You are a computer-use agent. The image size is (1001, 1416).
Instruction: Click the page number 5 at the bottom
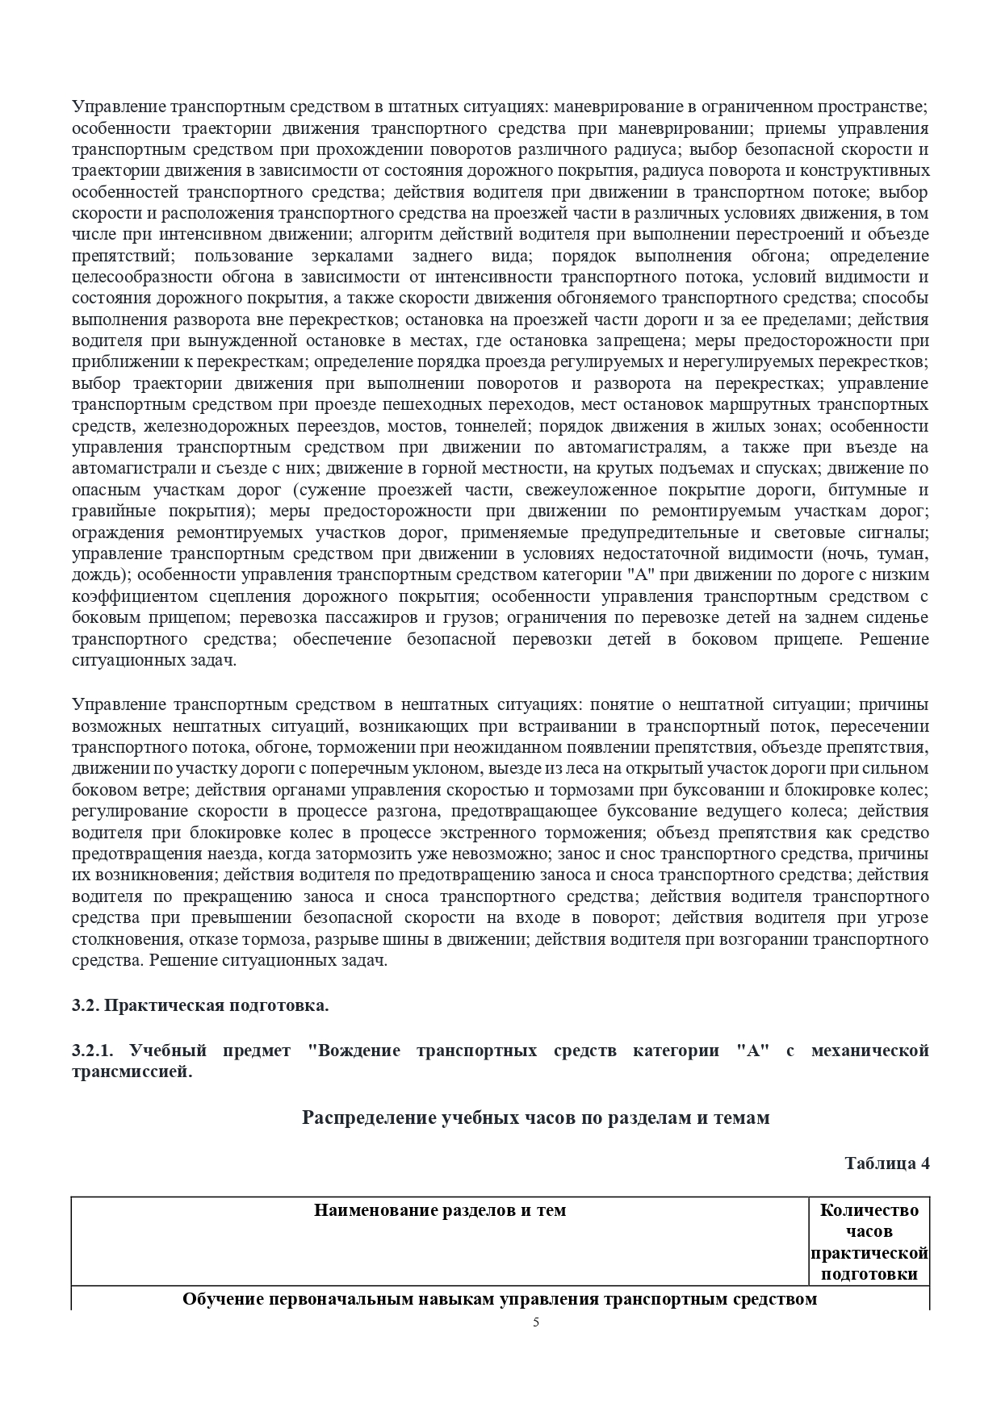tap(536, 1322)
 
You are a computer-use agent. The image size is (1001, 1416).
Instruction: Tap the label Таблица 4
tap(887, 1163)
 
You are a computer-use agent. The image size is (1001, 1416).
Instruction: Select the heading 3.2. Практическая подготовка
tap(200, 1005)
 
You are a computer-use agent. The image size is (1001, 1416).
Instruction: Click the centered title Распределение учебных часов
tap(536, 1117)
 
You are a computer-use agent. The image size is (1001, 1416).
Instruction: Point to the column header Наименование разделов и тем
tap(440, 1210)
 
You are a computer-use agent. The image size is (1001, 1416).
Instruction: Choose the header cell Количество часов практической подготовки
tap(869, 1242)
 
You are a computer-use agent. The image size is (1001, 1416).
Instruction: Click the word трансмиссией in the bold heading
tap(132, 1071)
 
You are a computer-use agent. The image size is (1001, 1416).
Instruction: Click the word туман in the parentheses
tap(901, 553)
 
